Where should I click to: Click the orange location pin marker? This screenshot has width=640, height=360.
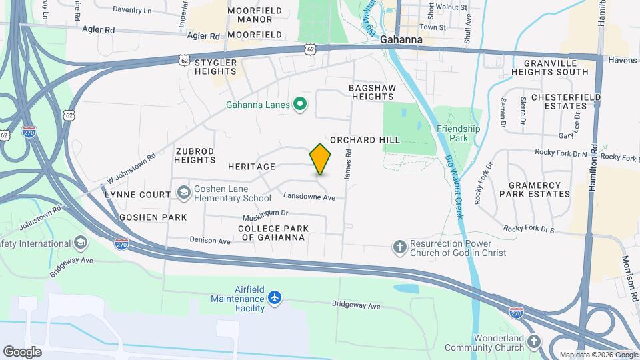(x=320, y=159)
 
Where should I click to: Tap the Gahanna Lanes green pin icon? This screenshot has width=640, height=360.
(x=300, y=104)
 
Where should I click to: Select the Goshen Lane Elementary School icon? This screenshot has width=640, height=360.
(x=183, y=193)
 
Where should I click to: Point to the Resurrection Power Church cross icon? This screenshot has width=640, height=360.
(x=399, y=248)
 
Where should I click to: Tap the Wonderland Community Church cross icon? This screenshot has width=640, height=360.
(x=533, y=343)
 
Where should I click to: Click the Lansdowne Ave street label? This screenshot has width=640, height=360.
(x=309, y=197)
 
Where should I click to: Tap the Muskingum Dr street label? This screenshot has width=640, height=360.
(x=265, y=213)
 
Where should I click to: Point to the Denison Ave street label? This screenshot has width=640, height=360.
(x=209, y=239)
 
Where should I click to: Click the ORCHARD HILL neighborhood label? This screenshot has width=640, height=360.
(x=365, y=140)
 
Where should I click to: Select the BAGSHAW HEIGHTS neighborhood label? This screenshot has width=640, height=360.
(x=371, y=92)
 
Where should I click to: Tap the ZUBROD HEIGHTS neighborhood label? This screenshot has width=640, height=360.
(x=195, y=155)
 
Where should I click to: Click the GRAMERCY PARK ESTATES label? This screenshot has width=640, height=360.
(x=539, y=189)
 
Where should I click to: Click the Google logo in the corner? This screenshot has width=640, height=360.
(x=21, y=351)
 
